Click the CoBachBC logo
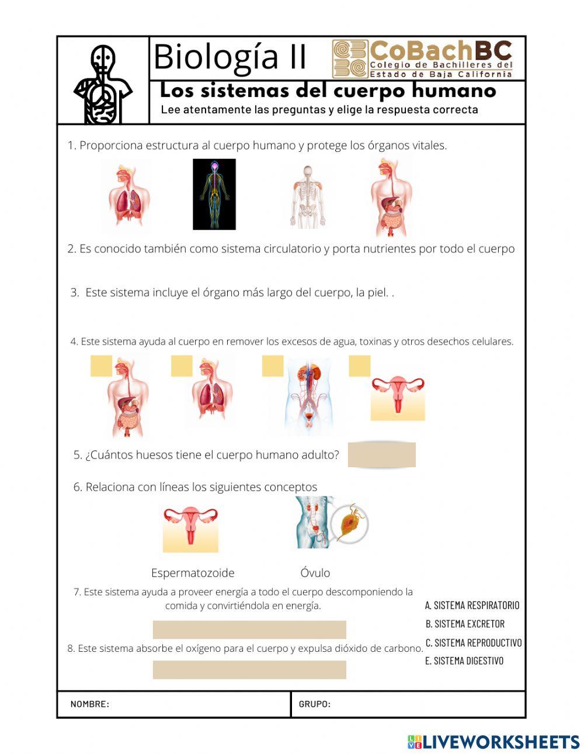[x=422, y=59]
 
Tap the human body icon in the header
[x=103, y=84]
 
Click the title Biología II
[x=230, y=57]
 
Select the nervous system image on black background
[x=214, y=194]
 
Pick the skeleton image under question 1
[x=308, y=197]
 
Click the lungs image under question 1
[x=129, y=196]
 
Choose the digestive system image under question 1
[x=391, y=197]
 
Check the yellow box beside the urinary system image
[x=273, y=366]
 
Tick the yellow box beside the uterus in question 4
[x=359, y=366]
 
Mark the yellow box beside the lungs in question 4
[x=182, y=366]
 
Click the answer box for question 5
[x=381, y=454]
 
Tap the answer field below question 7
[x=249, y=630]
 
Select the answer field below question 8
[x=249, y=670]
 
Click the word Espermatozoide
[x=193, y=573]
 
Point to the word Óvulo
[x=315, y=572]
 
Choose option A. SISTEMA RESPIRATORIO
[x=472, y=606]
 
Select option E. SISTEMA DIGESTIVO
[x=464, y=661]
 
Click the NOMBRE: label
[x=90, y=704]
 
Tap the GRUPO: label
[x=315, y=704]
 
